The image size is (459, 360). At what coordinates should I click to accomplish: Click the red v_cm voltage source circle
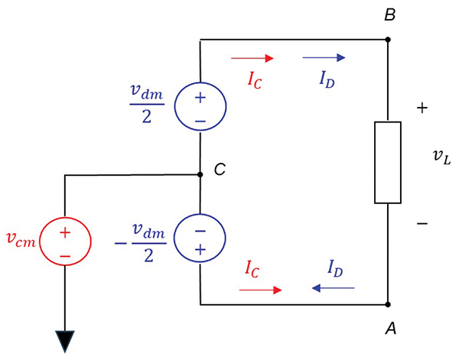coord(65,243)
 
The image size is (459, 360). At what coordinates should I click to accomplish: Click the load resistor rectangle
coord(388,163)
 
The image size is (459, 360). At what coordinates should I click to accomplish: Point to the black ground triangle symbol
coord(65,342)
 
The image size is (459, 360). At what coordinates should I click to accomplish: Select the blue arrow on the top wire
coord(324,57)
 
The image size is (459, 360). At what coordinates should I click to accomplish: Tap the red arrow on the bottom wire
coord(260,290)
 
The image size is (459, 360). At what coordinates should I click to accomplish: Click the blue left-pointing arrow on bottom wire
coord(333,289)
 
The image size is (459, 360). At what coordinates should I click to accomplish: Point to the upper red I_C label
coord(256,79)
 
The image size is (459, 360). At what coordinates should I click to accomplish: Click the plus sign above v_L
coord(422,109)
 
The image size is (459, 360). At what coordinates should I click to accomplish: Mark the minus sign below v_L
coord(422,223)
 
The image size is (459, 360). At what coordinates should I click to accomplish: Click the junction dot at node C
coord(200,175)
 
